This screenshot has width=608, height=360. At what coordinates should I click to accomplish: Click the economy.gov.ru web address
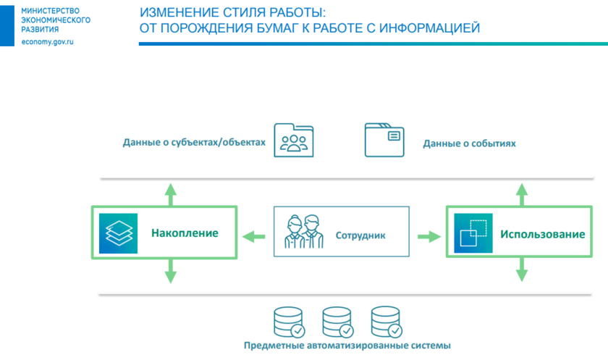click(48, 42)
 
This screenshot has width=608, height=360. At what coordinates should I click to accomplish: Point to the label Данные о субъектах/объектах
click(195, 143)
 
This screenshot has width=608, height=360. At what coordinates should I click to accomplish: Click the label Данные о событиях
click(469, 143)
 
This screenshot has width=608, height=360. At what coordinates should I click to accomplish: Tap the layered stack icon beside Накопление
click(117, 233)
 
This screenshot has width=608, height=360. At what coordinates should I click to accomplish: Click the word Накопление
click(185, 233)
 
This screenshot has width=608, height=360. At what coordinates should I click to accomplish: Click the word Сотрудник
click(360, 235)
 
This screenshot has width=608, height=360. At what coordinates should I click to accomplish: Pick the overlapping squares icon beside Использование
click(473, 233)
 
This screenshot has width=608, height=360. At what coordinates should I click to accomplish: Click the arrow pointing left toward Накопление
click(253, 235)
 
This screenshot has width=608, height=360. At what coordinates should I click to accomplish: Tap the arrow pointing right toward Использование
click(429, 235)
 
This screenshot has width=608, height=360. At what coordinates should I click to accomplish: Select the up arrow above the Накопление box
click(170, 193)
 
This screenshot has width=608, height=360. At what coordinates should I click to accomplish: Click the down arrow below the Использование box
click(520, 272)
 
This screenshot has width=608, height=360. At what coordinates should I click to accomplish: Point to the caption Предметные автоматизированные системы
click(347, 346)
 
